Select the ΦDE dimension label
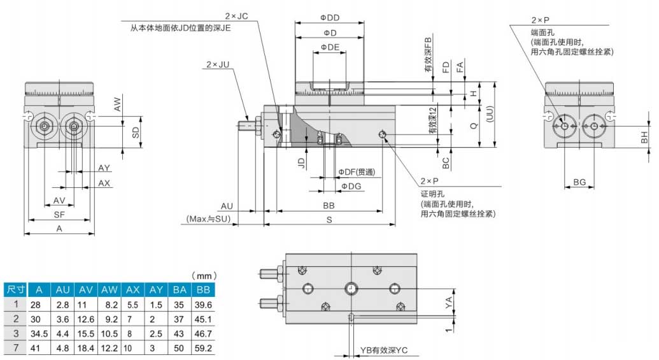(x=329, y=47)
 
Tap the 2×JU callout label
(x=218, y=64)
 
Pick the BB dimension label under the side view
(x=329, y=206)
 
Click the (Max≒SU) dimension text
(x=208, y=219)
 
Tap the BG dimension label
(x=579, y=183)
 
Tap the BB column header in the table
(x=203, y=289)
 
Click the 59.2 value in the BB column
(x=203, y=347)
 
